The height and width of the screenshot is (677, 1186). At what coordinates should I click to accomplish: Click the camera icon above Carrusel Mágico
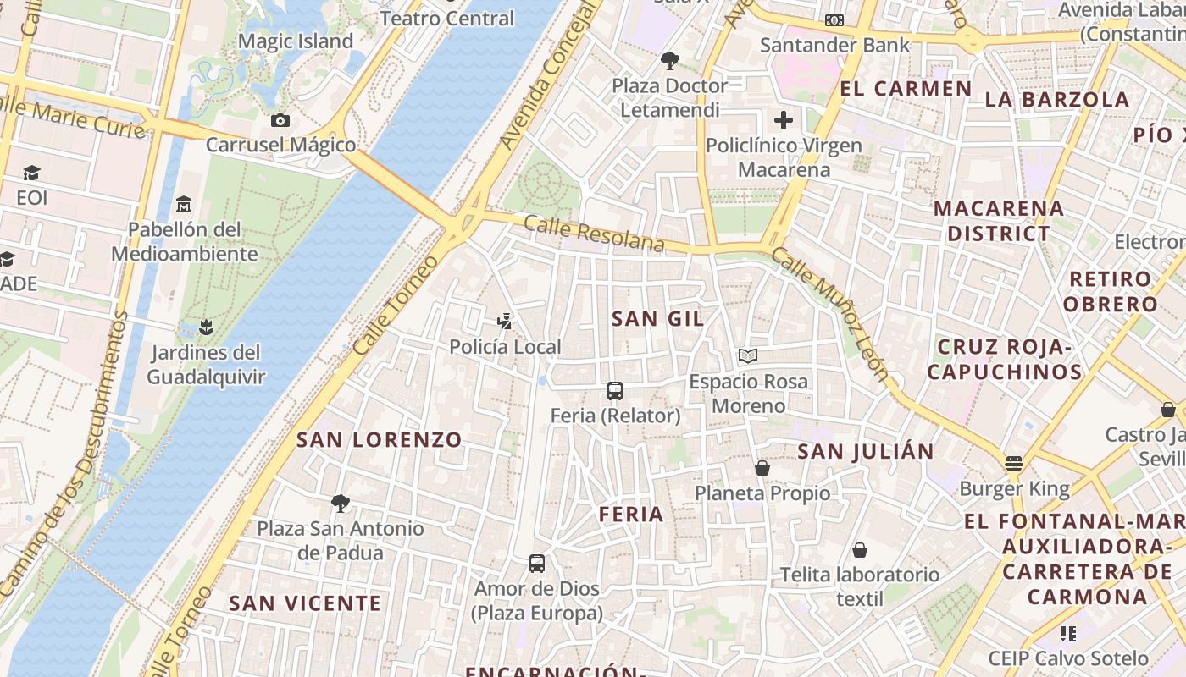(x=280, y=121)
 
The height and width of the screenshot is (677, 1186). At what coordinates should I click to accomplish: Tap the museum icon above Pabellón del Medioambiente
(x=184, y=205)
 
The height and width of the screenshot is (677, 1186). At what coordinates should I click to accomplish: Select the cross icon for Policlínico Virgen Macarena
(x=784, y=120)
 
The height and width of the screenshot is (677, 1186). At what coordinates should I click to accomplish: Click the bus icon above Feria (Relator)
(x=615, y=391)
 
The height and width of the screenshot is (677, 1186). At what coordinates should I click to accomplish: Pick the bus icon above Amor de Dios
(x=537, y=564)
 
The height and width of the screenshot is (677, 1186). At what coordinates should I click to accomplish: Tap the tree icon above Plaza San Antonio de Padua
(x=341, y=504)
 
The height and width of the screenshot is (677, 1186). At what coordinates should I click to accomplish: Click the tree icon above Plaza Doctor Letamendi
(x=670, y=61)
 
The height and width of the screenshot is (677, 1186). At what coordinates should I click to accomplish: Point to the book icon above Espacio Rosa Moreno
(x=748, y=356)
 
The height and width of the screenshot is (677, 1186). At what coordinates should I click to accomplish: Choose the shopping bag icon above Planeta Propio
(x=762, y=468)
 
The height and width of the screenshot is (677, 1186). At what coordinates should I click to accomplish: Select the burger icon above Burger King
(x=1014, y=464)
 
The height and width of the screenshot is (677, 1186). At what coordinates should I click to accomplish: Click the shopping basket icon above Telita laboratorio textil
(x=860, y=550)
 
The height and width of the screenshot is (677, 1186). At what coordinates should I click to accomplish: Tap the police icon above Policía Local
(x=505, y=322)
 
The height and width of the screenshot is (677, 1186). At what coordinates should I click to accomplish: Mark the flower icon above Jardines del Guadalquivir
(x=205, y=327)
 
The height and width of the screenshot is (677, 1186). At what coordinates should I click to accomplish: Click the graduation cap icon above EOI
(x=31, y=173)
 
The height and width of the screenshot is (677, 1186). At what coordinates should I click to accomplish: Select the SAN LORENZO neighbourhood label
(x=380, y=440)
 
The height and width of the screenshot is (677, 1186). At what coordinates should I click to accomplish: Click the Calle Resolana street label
(x=594, y=234)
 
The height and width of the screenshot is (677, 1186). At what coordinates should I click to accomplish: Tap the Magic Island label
(x=296, y=41)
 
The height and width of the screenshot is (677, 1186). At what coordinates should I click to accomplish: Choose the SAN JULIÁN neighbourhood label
(x=866, y=452)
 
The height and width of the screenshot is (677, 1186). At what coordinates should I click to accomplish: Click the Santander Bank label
(x=835, y=45)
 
